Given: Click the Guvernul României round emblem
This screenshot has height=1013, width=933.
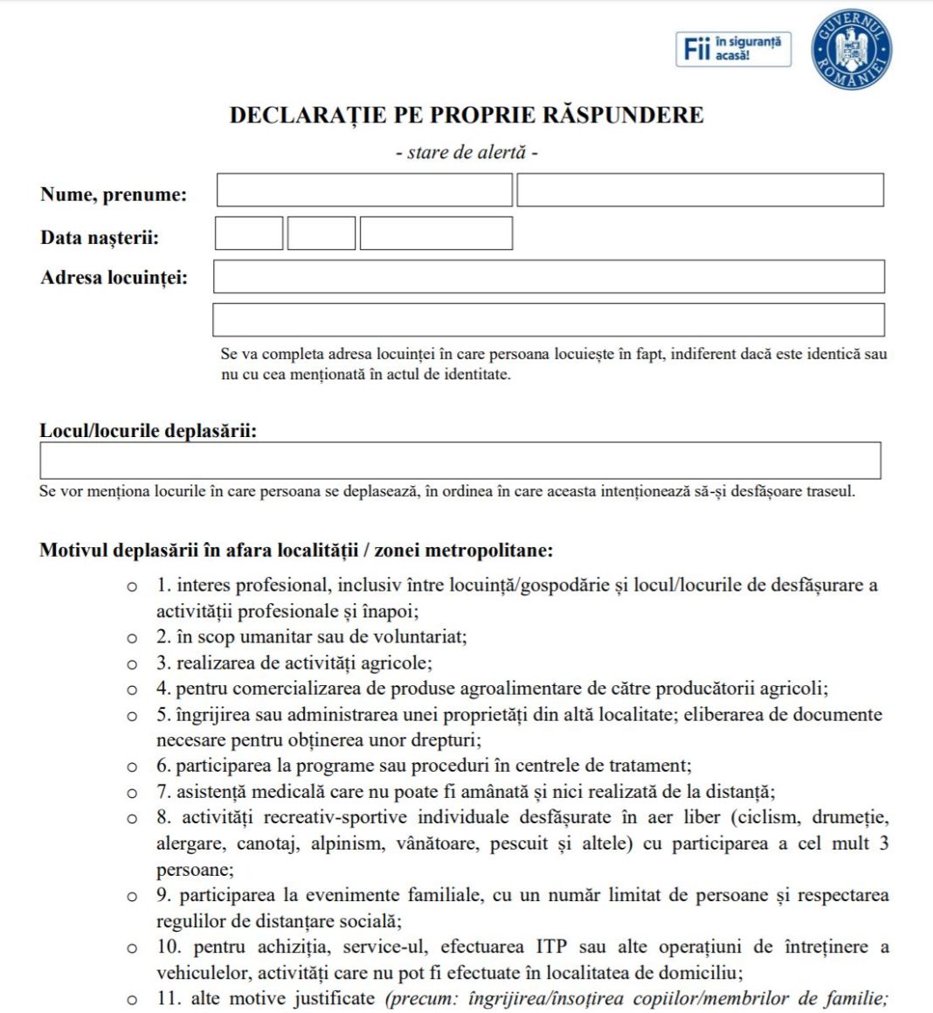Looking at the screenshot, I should tap(851, 49).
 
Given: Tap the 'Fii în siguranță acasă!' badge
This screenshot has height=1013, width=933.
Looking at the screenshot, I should tap(733, 49).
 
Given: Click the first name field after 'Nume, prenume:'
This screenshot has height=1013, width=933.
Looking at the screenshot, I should tap(363, 191).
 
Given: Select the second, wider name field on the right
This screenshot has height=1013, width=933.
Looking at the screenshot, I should tap(700, 191).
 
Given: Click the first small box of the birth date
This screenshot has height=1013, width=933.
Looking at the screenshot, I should tap(249, 233).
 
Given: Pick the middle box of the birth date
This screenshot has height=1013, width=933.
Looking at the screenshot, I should tap(321, 233).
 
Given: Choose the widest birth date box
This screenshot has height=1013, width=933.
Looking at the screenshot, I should tap(436, 233).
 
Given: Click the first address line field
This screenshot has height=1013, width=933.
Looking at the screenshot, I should tap(549, 276).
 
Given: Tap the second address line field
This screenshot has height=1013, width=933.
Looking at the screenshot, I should tap(549, 320).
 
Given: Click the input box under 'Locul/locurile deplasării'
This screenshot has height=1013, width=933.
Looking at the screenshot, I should tap(460, 461).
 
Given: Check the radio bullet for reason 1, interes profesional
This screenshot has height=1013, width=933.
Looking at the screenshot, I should tap(132, 586).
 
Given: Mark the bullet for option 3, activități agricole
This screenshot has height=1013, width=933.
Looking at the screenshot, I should tap(132, 664).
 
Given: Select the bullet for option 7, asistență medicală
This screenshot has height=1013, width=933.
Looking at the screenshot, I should tap(132, 793).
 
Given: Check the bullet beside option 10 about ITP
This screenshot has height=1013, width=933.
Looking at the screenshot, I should tap(132, 948).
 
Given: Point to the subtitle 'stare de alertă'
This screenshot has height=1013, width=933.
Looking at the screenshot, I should tap(466, 152).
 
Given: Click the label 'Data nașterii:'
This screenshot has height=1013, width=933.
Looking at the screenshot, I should tap(100, 238).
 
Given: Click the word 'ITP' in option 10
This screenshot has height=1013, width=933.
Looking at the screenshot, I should tap(551, 947).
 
